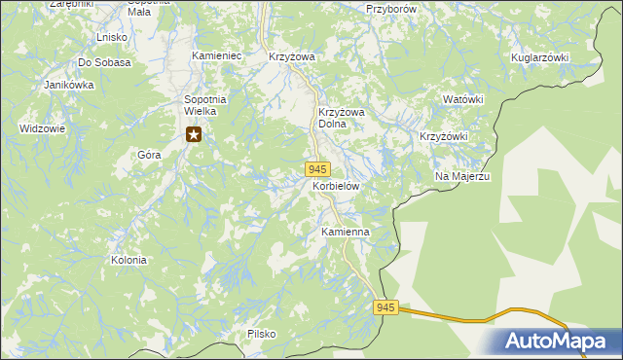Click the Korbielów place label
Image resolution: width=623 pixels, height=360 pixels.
click(x=337, y=185)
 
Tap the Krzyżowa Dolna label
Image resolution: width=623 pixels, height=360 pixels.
click(x=341, y=118)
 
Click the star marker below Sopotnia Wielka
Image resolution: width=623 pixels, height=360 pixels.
click(x=195, y=134)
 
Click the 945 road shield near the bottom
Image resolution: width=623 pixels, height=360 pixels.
click(x=385, y=307)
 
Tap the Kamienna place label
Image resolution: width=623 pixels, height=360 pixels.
click(x=346, y=234)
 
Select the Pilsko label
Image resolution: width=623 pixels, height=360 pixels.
click(x=261, y=334)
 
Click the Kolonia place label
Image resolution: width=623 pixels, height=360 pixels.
click(x=128, y=261)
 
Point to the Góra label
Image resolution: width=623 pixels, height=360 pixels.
click(x=149, y=155)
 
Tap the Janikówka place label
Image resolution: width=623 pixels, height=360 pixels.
click(x=68, y=85)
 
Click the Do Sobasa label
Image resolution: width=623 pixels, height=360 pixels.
click(x=104, y=62)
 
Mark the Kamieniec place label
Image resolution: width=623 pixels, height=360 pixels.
click(x=216, y=56)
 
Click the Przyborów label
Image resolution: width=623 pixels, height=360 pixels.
click(x=392, y=9)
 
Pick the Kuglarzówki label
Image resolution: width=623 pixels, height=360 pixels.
click(x=539, y=57)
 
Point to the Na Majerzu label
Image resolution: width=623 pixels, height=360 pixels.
click(x=461, y=176)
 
